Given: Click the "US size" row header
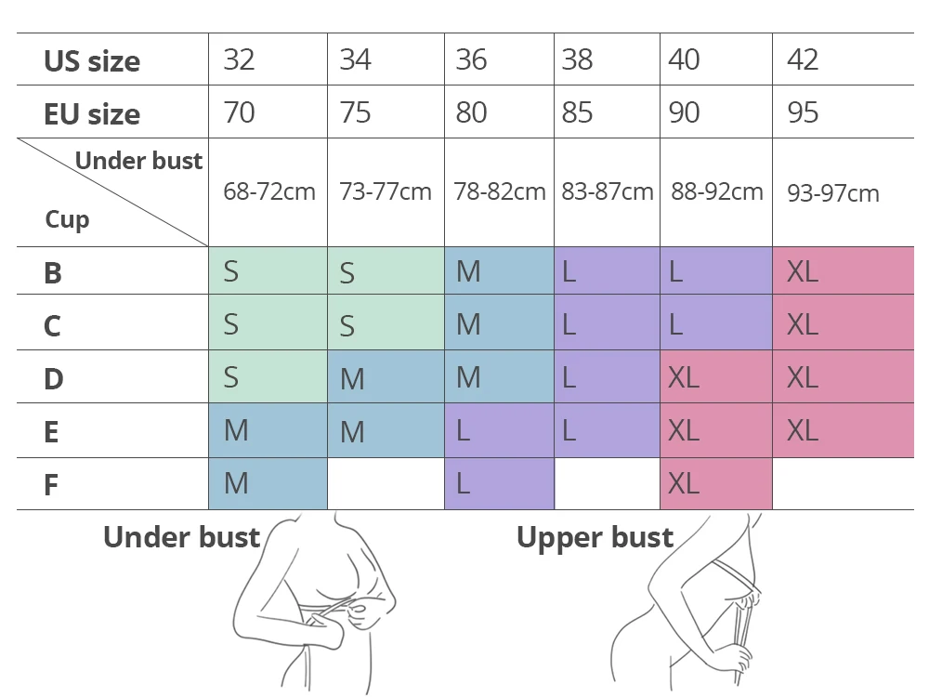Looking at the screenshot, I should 92,61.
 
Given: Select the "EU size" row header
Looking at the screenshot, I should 92,114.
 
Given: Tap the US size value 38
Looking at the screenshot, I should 577,60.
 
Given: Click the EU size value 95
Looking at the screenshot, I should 803,113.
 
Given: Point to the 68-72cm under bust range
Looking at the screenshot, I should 269,192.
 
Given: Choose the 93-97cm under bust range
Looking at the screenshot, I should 832,193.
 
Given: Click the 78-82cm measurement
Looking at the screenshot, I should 500,192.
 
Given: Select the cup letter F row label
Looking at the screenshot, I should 52,485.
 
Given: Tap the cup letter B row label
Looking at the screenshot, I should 53,273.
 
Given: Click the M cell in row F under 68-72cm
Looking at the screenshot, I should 236,483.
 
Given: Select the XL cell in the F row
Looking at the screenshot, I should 684,483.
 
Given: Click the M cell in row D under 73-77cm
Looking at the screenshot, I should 352,379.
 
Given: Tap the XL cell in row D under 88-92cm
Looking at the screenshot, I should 684,377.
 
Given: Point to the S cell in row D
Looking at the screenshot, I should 231,377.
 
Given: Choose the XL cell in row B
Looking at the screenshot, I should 803,271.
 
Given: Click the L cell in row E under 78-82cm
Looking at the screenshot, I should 464,430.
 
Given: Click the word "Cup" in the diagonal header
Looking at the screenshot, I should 67,220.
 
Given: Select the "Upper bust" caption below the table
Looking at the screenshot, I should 595,538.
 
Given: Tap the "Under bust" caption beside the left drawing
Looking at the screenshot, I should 181,537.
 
